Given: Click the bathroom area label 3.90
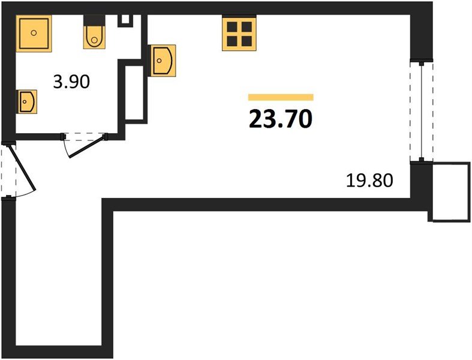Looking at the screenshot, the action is (x=71, y=82).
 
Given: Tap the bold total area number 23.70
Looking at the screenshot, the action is (x=281, y=119).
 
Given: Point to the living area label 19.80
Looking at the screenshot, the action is (x=369, y=181).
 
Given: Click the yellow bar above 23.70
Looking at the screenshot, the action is (x=281, y=97).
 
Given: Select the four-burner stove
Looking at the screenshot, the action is (x=239, y=32).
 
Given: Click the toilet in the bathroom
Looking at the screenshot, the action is (x=94, y=32).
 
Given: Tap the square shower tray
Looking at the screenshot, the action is (x=34, y=34).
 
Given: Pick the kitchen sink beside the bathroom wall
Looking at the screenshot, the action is (x=162, y=61).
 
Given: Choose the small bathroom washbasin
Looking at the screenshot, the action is (x=27, y=101).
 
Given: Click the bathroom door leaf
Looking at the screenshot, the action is (x=88, y=147).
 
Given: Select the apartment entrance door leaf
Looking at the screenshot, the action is (x=23, y=168).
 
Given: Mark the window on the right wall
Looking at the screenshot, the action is (x=422, y=112).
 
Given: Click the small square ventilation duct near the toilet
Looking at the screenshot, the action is (x=125, y=20).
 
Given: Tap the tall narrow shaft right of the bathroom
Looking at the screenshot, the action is (x=134, y=93).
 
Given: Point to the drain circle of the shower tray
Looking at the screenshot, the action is (x=34, y=33).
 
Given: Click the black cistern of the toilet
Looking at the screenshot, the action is (x=94, y=20).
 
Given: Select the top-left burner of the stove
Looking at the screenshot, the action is (x=232, y=27).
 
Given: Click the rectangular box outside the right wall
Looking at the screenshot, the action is (x=451, y=192).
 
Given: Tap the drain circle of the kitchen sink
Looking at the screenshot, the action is (x=159, y=61).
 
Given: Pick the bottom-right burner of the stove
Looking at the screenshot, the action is (x=247, y=41).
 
